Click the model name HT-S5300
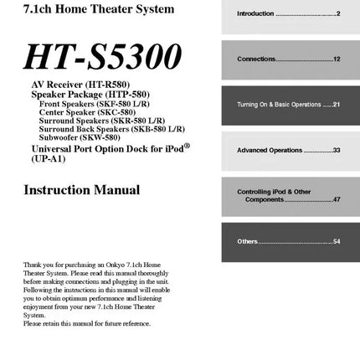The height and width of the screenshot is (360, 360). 104,56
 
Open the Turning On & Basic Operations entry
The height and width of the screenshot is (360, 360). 289,105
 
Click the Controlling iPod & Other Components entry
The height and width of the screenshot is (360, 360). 289,195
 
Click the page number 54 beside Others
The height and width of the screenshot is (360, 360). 337,241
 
